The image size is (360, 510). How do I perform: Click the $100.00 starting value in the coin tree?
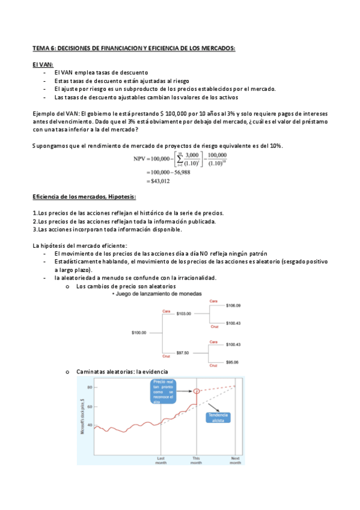click(x=139, y=331)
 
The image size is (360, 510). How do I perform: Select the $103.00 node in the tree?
click(x=183, y=313)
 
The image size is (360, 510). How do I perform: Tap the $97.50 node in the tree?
click(x=183, y=352)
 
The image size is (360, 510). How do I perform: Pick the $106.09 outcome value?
click(x=233, y=306)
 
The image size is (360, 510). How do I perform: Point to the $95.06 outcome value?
click(x=232, y=362)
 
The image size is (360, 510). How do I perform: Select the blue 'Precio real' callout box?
click(x=163, y=390)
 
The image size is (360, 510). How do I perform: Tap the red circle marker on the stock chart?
click(x=197, y=392)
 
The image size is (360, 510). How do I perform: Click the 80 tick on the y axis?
click(x=89, y=387)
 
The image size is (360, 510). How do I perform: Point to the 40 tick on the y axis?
click(x=89, y=425)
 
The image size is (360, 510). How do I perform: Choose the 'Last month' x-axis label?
click(x=161, y=460)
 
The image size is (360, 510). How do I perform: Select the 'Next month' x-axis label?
click(x=235, y=460)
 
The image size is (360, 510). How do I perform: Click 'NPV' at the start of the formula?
click(x=142, y=159)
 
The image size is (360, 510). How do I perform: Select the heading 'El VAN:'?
click(x=43, y=63)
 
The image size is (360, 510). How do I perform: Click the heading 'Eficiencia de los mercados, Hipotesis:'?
click(x=84, y=197)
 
